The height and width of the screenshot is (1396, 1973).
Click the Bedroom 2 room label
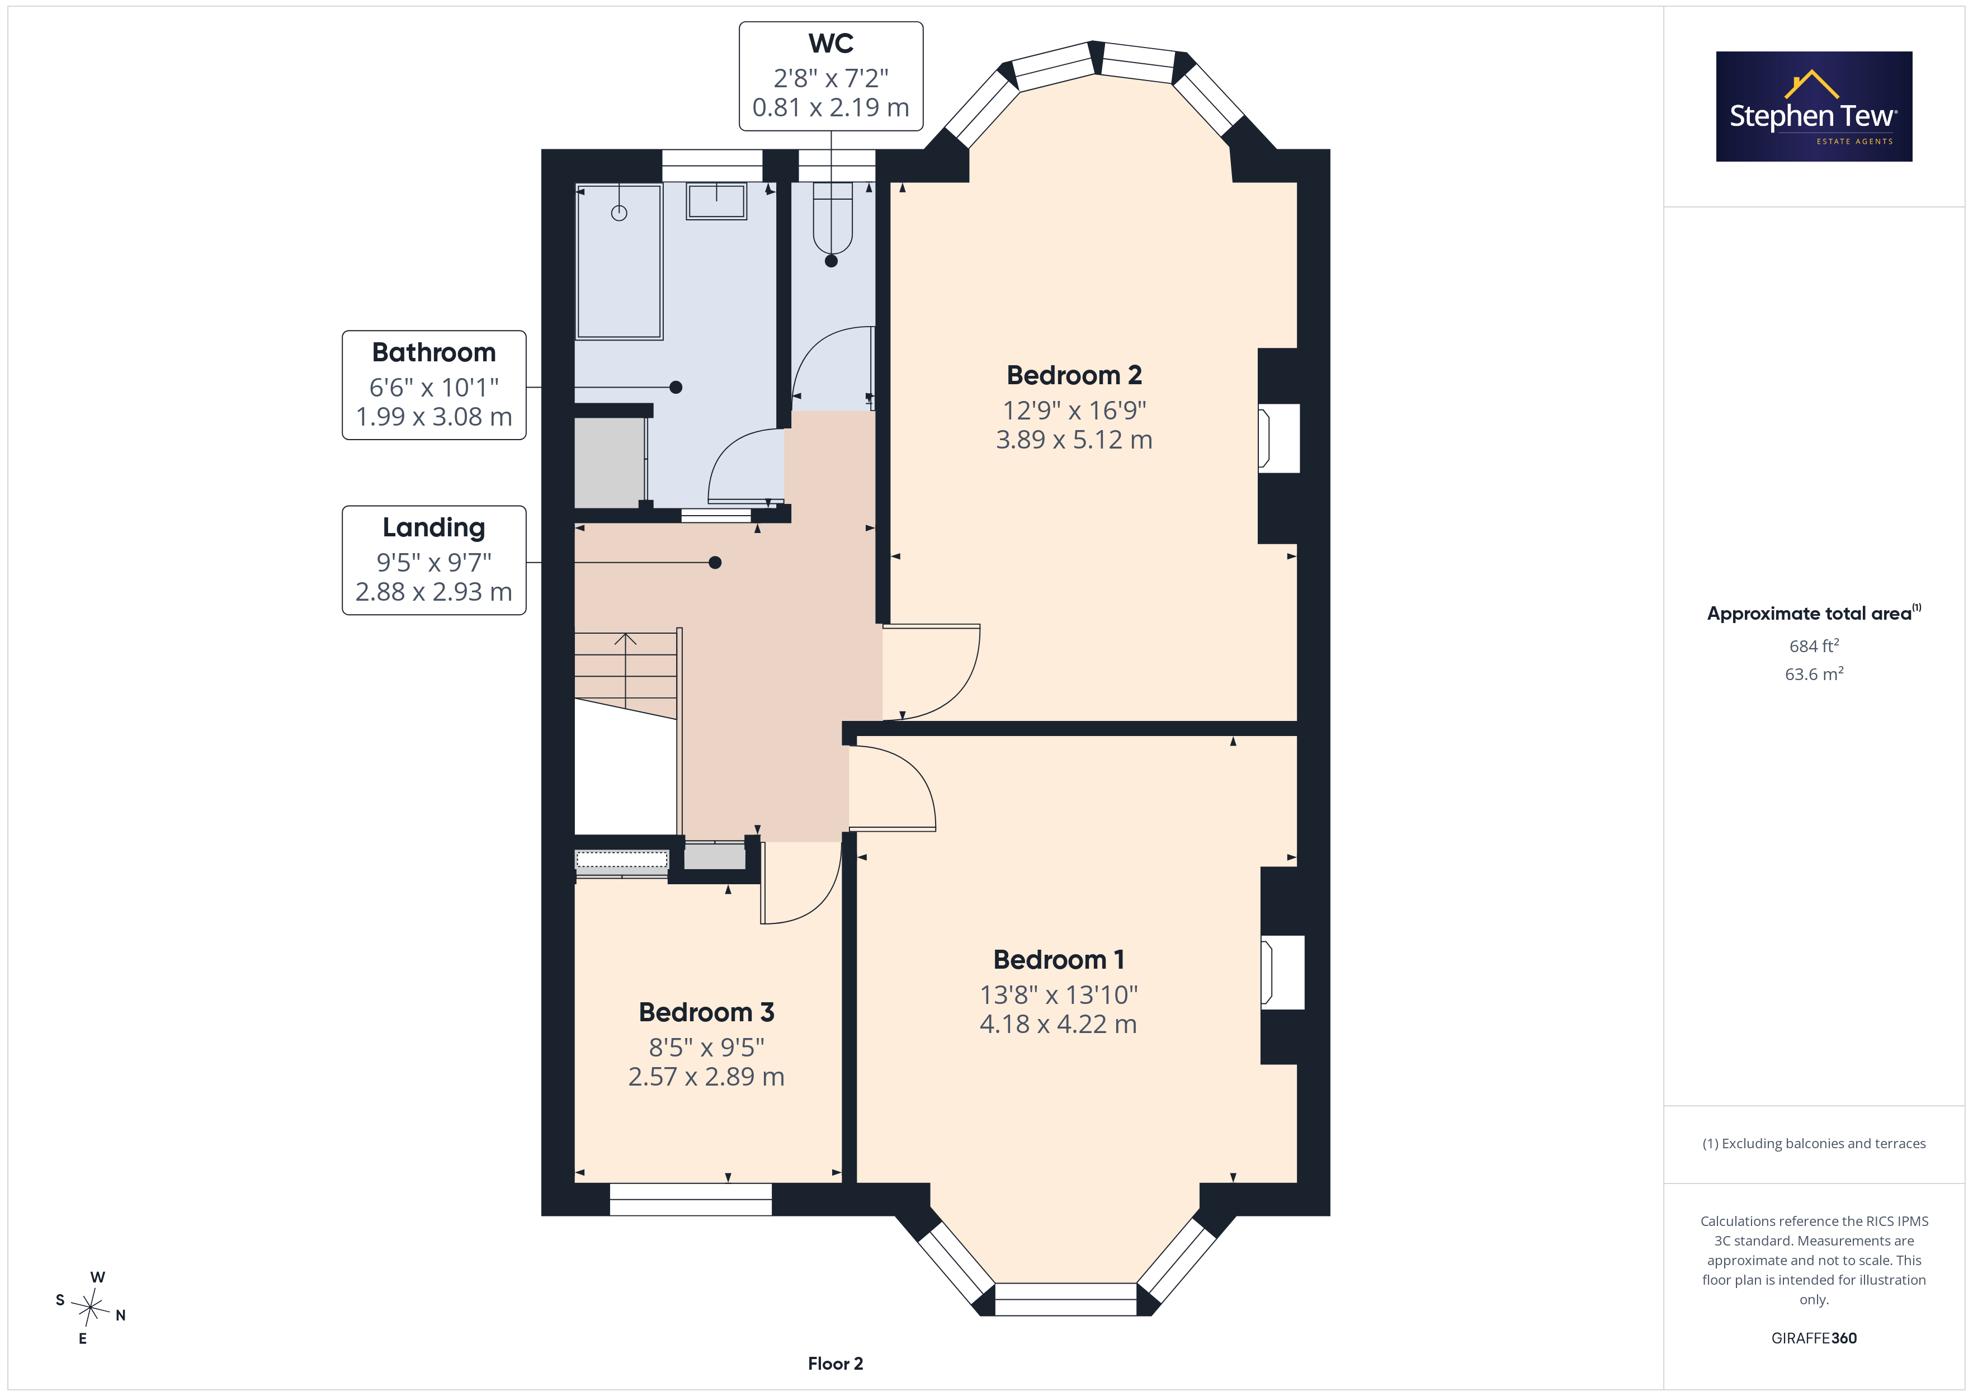click(x=1074, y=376)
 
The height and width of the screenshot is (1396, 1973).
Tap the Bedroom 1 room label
click(x=1059, y=959)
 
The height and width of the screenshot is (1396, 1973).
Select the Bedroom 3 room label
click(x=706, y=1013)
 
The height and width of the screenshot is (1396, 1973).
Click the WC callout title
click(x=831, y=43)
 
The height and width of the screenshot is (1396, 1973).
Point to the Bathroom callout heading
click(x=434, y=352)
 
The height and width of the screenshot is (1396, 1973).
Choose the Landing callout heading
click(x=434, y=527)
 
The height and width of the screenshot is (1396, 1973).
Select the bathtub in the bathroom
click(x=619, y=261)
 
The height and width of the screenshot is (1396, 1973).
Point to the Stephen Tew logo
click(x=1814, y=107)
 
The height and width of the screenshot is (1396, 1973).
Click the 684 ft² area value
click(x=1814, y=645)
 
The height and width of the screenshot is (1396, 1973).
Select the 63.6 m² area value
click(x=1814, y=674)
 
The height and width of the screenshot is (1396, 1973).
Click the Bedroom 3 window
click(x=691, y=1199)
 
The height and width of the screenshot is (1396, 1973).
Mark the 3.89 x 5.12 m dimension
click(x=1074, y=440)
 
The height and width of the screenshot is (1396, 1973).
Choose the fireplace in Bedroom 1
click(x=1282, y=972)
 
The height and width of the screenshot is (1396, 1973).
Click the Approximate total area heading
click(x=1814, y=613)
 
